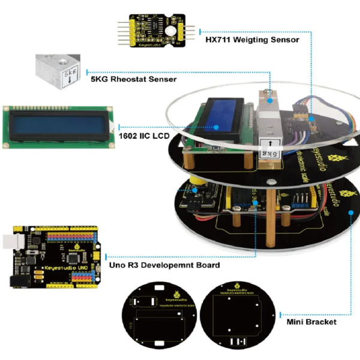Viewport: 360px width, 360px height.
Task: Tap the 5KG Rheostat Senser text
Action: tap(133, 78)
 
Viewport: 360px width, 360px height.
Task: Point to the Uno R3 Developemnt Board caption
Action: tap(164, 265)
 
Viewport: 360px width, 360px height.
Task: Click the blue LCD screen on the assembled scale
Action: tap(221, 114)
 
